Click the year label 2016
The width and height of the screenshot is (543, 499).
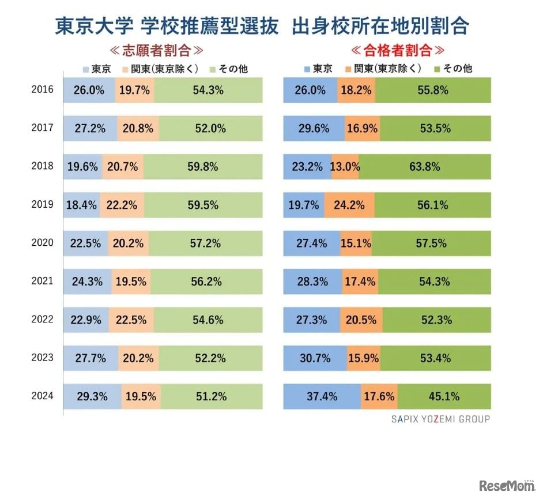click(x=42, y=90)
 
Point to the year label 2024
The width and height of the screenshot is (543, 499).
click(x=42, y=396)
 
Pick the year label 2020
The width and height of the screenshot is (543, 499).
click(x=42, y=243)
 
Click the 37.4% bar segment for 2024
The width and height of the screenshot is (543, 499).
click(x=322, y=396)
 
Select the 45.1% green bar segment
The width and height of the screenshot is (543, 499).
click(x=444, y=396)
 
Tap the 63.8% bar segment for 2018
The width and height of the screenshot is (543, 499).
click(x=424, y=167)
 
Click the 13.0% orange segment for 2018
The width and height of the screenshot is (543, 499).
click(x=345, y=167)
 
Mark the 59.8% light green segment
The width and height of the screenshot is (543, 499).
click(x=203, y=167)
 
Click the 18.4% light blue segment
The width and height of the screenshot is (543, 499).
click(x=81, y=205)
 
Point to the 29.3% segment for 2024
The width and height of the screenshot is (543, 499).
click(x=92, y=396)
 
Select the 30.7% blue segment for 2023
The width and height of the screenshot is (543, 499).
click(x=315, y=358)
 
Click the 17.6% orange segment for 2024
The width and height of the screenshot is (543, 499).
click(x=379, y=396)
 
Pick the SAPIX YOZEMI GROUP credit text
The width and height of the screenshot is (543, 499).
click(x=436, y=419)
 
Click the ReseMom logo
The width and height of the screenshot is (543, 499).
click(x=506, y=485)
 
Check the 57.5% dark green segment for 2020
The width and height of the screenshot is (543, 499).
click(x=431, y=243)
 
